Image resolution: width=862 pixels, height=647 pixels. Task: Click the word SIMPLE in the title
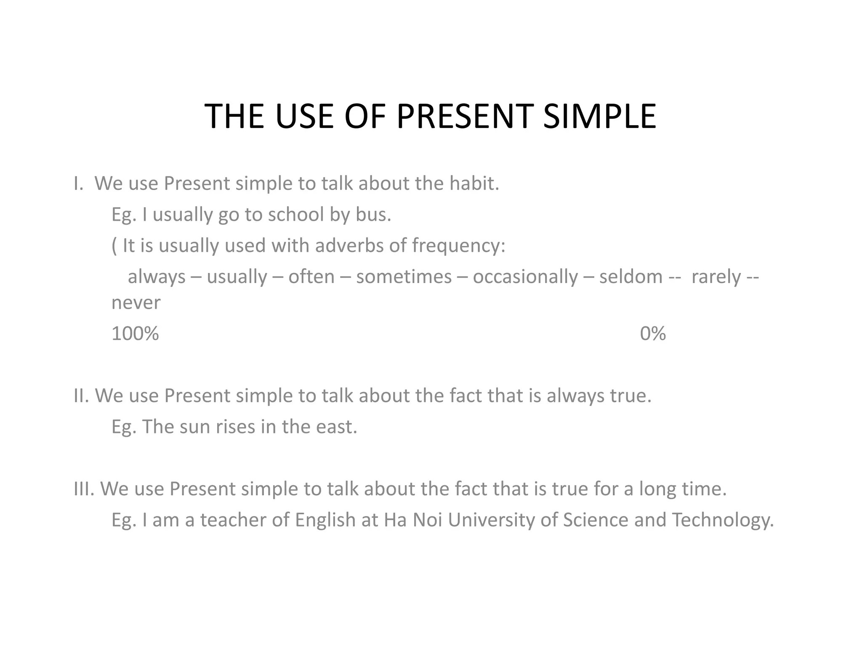point(599,116)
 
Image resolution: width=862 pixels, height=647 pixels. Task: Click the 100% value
point(135,334)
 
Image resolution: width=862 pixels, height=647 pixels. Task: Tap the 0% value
point(652,334)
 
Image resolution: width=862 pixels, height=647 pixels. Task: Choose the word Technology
point(722,520)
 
